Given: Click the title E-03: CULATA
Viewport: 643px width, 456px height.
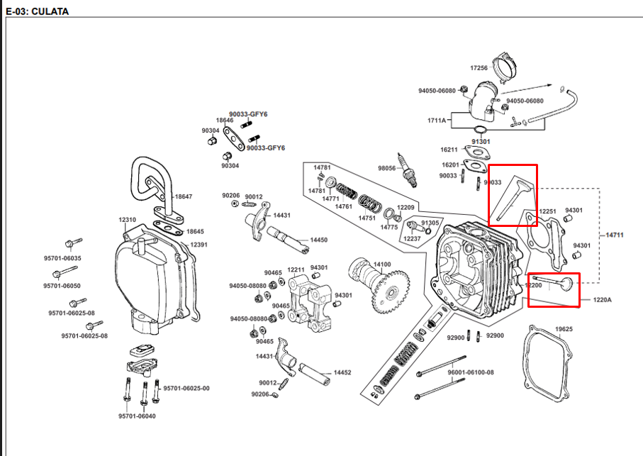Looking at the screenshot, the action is coord(38,11).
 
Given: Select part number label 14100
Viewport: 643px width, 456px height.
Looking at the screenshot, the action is coord(382,265).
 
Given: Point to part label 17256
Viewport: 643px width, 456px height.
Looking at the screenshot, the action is coord(479,68).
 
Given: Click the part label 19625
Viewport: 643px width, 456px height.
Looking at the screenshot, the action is coord(564,329).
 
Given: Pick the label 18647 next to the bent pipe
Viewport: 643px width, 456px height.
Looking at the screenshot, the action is coord(184,196).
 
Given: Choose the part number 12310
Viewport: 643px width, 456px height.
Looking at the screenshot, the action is coord(127,220).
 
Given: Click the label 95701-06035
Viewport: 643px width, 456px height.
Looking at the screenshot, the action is coord(62,258).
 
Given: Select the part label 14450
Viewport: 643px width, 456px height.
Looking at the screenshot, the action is coord(318,240).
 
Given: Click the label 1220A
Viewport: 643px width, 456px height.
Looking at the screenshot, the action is coord(602,300).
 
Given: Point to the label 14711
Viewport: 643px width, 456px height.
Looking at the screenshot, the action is coord(615,235).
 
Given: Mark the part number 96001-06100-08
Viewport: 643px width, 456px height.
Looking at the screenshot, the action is coord(470,372).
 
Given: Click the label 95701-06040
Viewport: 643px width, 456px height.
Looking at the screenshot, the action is coord(137,416).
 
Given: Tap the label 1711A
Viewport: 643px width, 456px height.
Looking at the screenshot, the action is coord(436,120).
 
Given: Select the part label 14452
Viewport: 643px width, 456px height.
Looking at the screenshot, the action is coord(342,372).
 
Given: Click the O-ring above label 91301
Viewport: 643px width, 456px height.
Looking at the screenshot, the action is coord(480,130).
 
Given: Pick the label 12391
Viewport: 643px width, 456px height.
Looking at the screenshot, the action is coord(199,245).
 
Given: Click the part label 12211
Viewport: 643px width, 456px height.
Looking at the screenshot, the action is coord(296,269).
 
